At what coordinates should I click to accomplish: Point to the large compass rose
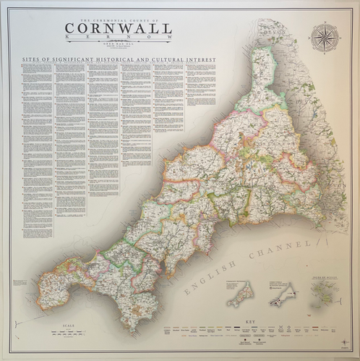pyautogui.click(x=324, y=38)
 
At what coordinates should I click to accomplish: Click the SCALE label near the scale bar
pyautogui.click(x=70, y=326)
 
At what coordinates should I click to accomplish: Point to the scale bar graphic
pyautogui.click(x=70, y=334)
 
